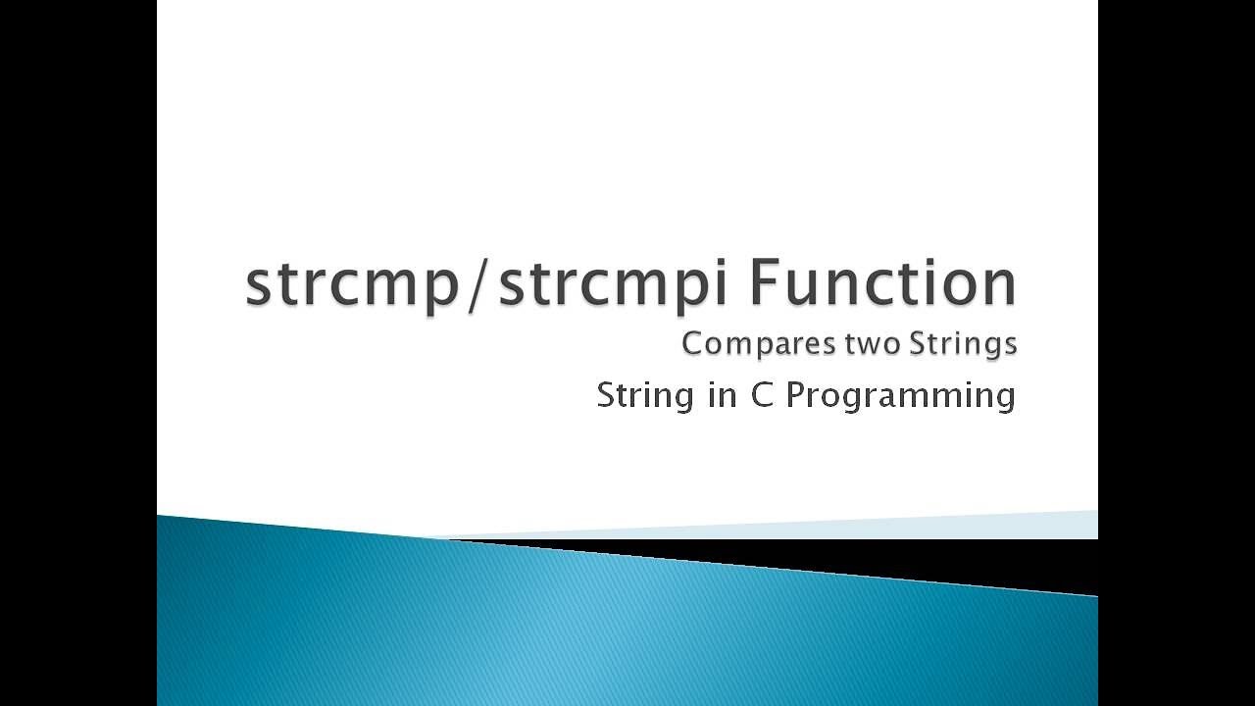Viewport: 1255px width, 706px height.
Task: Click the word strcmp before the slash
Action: coord(352,285)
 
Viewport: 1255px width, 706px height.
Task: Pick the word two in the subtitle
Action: coord(863,344)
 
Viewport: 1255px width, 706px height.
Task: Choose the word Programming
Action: coord(900,396)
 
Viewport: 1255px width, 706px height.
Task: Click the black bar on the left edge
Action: coord(77,353)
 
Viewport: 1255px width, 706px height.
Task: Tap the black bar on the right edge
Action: coord(1177,353)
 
